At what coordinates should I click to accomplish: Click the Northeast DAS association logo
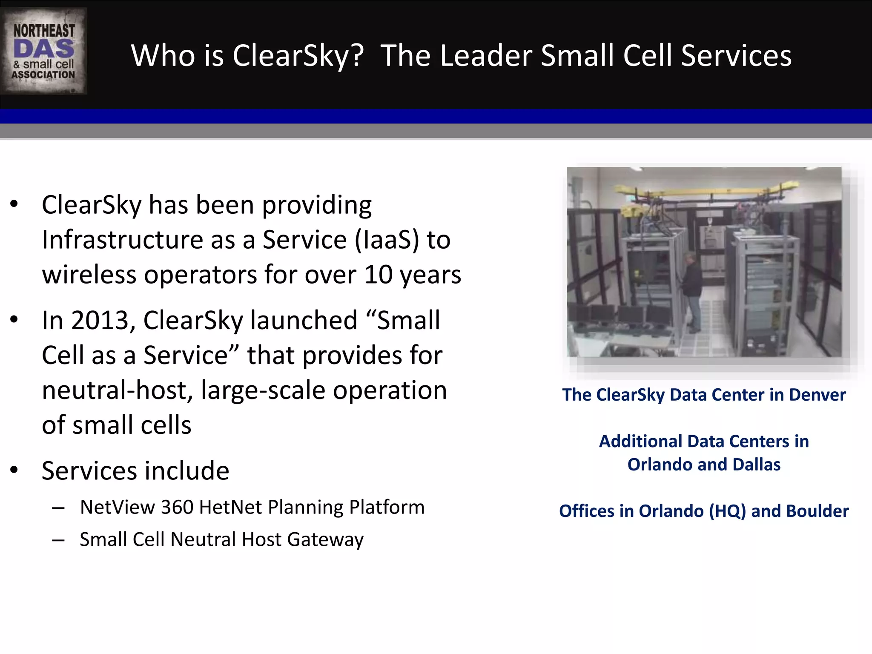pyautogui.click(x=43, y=51)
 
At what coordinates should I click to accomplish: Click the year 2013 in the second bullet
pyautogui.click(x=99, y=320)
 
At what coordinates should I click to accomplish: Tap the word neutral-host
pyautogui.click(x=118, y=390)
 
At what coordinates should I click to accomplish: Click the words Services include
pyautogui.click(x=135, y=470)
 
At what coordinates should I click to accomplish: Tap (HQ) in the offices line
pyautogui.click(x=727, y=511)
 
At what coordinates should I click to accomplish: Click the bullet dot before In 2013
pyautogui.click(x=14, y=319)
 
